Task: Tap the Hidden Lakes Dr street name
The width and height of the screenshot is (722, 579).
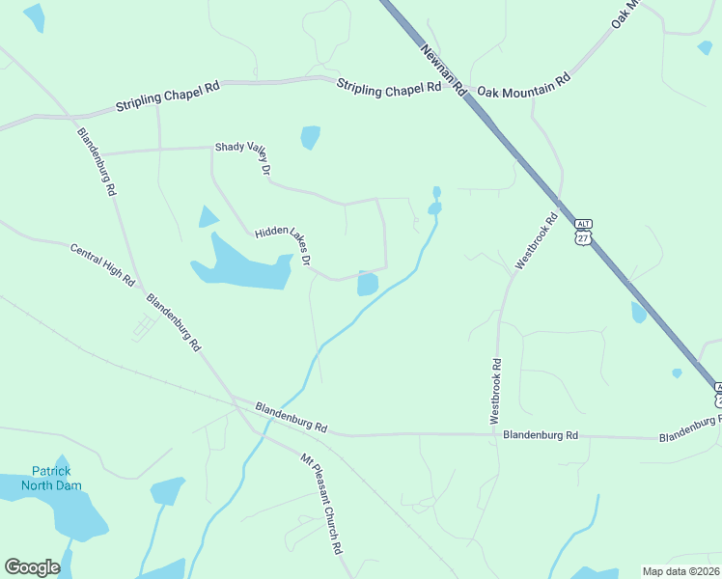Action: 283,246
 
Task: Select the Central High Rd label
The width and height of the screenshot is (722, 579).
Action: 102,263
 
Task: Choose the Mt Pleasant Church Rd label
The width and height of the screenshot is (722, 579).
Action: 321,503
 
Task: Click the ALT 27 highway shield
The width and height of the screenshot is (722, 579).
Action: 582,231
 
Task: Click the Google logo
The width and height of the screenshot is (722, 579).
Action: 32,567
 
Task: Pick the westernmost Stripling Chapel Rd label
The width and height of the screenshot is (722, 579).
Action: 168,97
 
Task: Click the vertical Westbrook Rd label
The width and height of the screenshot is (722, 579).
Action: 495,392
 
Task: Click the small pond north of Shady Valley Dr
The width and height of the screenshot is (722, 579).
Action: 310,137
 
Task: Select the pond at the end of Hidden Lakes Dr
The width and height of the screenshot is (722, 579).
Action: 368,284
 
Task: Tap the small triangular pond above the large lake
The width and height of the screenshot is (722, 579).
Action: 208,217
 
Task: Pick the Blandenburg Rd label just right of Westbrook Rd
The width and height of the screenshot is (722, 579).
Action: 541,435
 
